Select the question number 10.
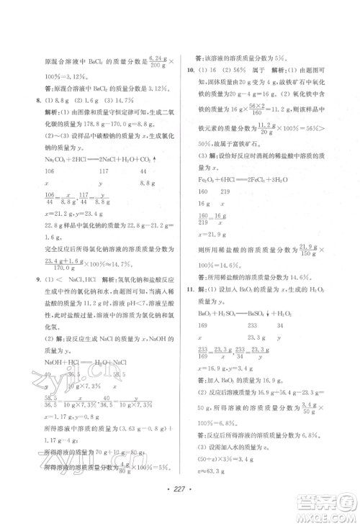click(x=190, y=71)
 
